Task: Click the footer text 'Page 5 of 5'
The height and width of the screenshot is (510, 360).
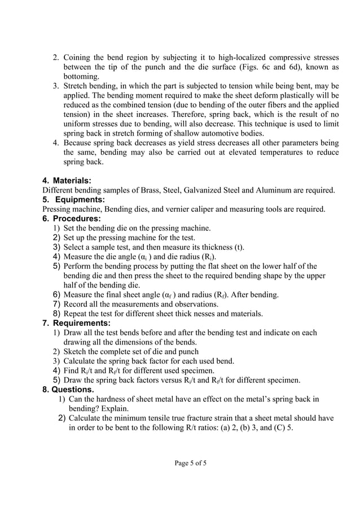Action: (x=191, y=463)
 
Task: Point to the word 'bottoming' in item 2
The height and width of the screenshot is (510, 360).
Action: (x=81, y=76)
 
